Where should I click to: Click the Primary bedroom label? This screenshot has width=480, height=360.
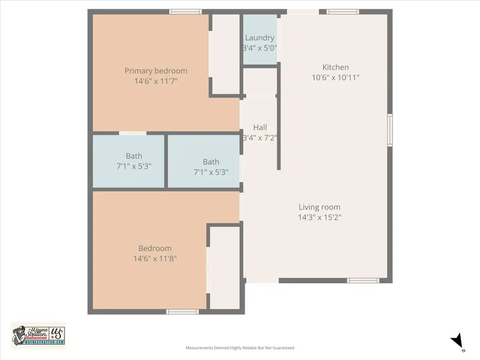tap(156, 71)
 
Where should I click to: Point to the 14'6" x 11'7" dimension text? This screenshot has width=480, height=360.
tap(156, 81)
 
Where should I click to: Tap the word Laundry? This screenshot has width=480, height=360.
tap(260, 38)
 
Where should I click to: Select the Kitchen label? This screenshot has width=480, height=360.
tap(335, 67)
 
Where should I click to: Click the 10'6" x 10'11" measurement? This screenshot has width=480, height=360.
tap(335, 77)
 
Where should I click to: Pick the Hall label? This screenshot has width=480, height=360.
tap(260, 127)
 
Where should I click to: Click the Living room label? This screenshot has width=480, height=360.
tap(319, 207)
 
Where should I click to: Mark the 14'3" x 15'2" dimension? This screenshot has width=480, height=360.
tap(319, 217)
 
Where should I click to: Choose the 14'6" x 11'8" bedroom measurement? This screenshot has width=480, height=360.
tap(155, 258)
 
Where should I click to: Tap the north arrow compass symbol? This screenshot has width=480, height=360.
tap(457, 341)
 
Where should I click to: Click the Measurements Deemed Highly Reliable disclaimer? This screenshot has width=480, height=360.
tap(239, 348)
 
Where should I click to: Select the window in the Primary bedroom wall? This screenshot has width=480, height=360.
tap(186, 12)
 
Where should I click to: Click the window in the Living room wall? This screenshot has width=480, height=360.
tap(363, 281)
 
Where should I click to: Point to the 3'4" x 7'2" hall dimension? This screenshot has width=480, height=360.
tap(260, 138)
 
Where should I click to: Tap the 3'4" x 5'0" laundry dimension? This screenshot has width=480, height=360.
tap(260, 48)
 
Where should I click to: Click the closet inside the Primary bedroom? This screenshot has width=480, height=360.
tap(226, 53)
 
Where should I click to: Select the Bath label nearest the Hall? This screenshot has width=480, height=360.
tap(211, 162)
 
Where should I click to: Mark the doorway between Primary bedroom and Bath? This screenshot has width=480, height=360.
tap(132, 133)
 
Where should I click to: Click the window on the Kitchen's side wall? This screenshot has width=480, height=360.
tap(390, 130)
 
